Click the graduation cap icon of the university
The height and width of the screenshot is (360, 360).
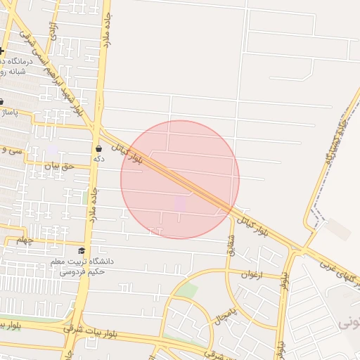pyautogui.click(x=82, y=251)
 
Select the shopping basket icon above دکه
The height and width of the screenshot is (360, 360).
pyautogui.click(x=98, y=148)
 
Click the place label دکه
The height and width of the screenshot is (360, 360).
pyautogui.click(x=98, y=159)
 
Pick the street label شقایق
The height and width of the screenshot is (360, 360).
pyautogui.click(x=230, y=244)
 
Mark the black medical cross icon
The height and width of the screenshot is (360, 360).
pyautogui.click(x=2, y=51)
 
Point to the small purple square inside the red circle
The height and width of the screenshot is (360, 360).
pyautogui.click(x=181, y=202)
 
